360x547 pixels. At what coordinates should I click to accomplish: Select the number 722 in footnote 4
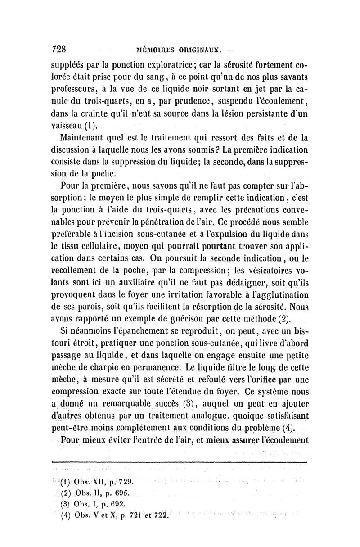(158, 516)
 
